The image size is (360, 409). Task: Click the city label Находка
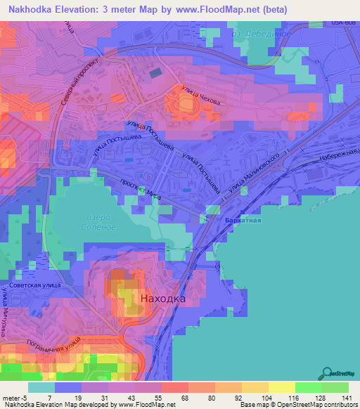click(163, 299)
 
